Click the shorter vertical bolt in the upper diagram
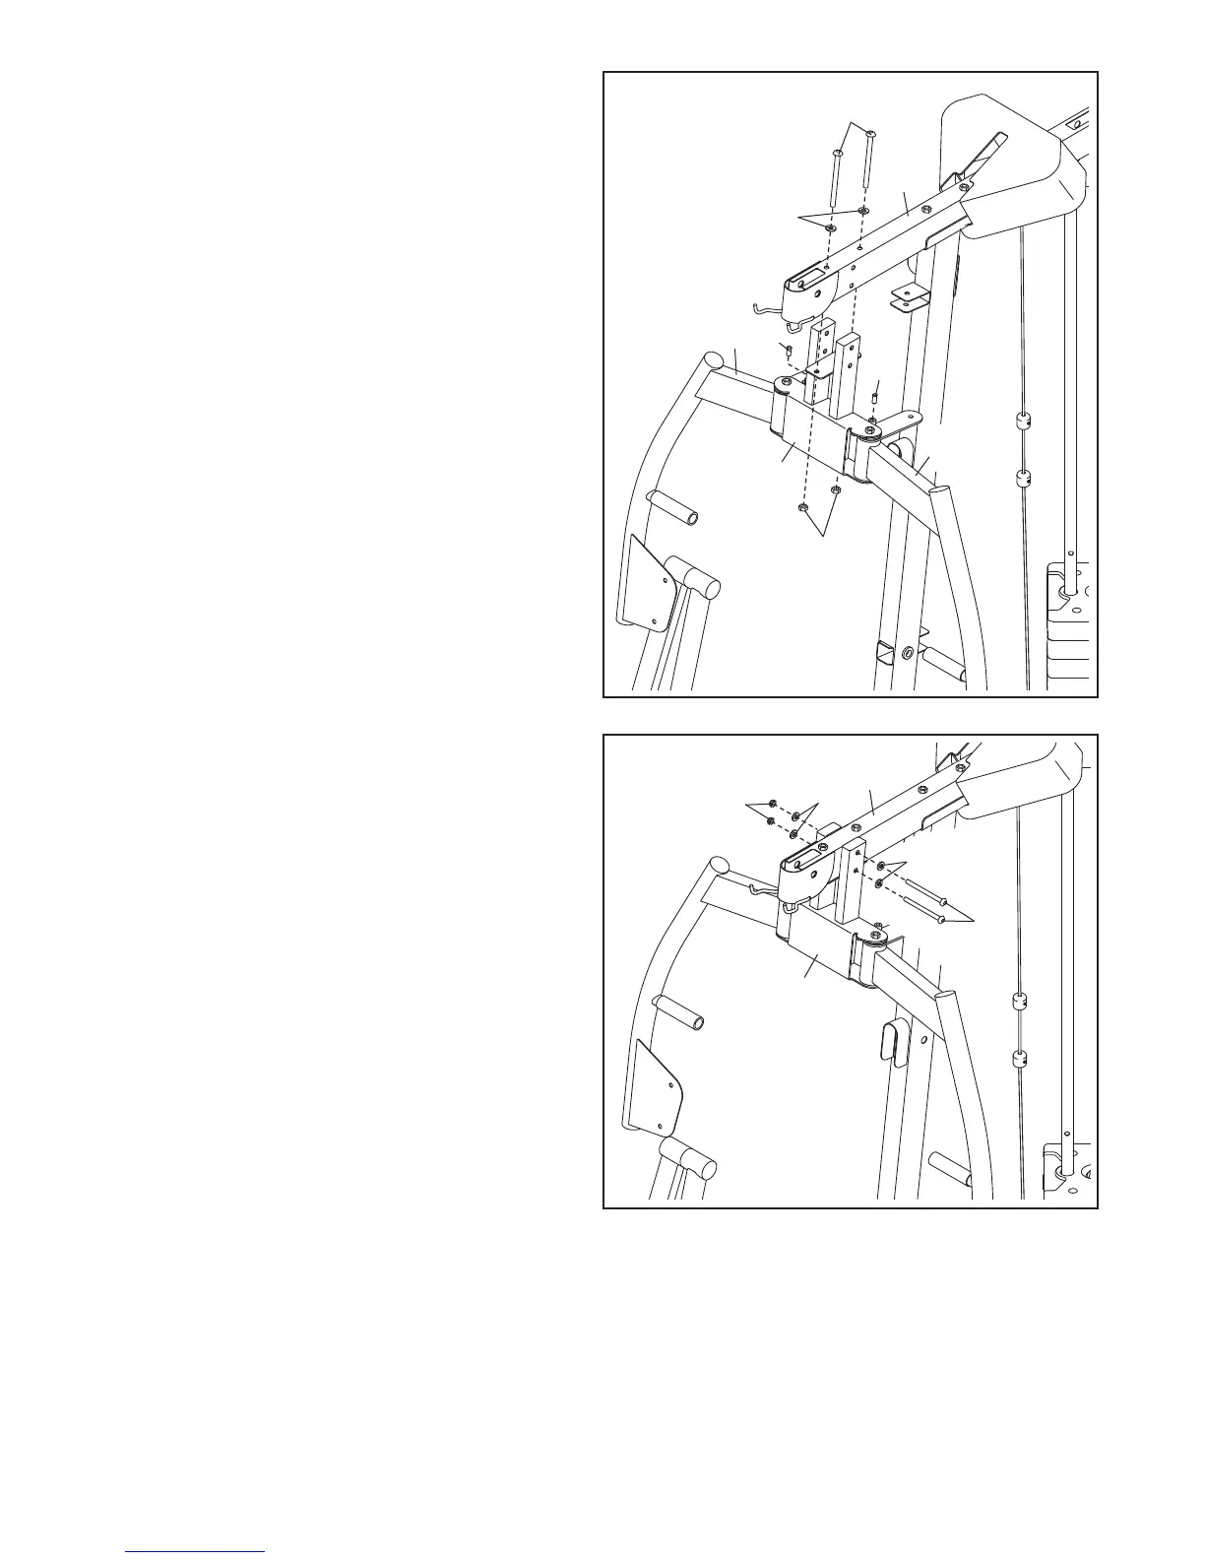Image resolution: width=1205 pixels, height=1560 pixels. [x=836, y=178]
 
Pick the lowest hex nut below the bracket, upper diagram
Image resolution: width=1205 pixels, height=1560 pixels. [x=802, y=508]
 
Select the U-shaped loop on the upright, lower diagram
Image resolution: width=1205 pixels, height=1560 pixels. [x=892, y=1042]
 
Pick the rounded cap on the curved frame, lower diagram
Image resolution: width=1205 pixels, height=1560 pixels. [x=721, y=865]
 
